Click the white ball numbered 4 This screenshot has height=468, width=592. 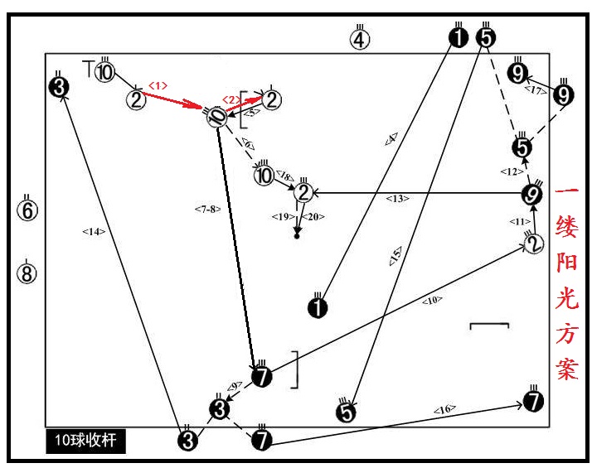click(359, 39)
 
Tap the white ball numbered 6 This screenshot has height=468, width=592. click(28, 210)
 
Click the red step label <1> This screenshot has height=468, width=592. click(158, 84)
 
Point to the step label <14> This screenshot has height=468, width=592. click(93, 232)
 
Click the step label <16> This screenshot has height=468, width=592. click(444, 410)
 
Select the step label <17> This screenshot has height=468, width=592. click(536, 89)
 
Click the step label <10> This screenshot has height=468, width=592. click(432, 301)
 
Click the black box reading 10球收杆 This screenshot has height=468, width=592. click(86, 441)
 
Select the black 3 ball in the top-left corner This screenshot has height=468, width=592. click(58, 86)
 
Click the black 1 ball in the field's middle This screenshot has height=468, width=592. click(318, 308)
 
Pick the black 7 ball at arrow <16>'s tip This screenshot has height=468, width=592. click(534, 402)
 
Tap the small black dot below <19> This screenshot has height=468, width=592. click(297, 237)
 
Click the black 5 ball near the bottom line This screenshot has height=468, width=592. click(347, 410)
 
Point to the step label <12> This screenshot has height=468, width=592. click(508, 171)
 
